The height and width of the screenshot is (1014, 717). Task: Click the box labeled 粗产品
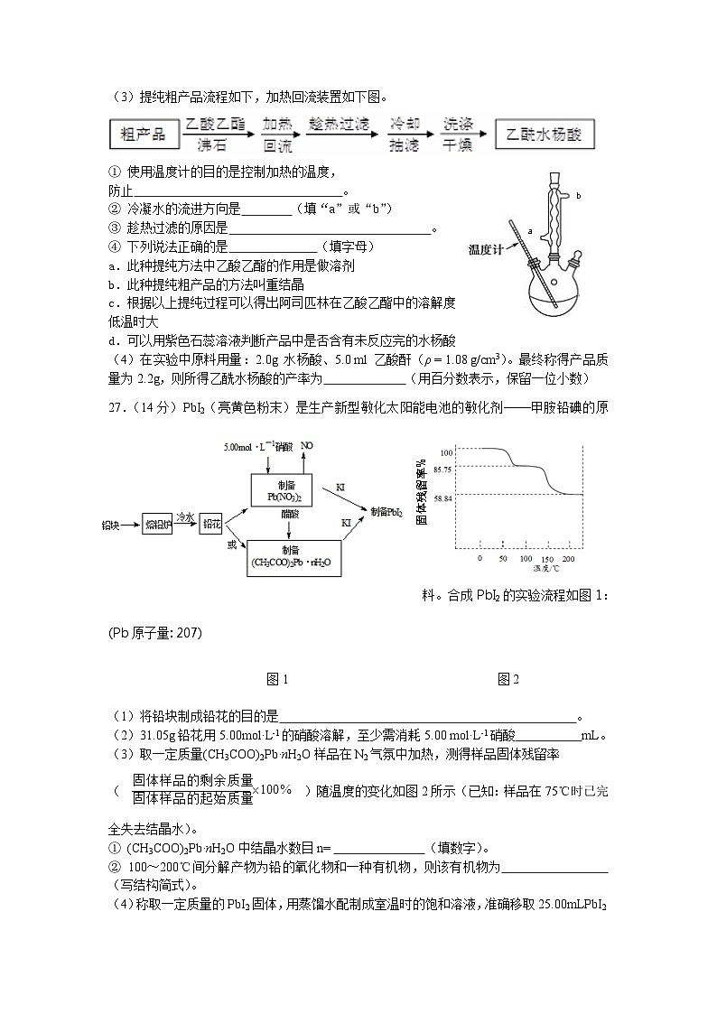(x=144, y=135)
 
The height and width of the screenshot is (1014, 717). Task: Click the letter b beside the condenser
(x=578, y=195)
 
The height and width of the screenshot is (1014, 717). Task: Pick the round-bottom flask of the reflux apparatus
(x=553, y=289)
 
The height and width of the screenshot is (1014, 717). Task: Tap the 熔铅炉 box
(x=158, y=523)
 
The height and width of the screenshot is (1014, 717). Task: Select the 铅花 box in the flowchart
(x=210, y=523)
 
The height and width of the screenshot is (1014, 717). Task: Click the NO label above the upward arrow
(x=307, y=445)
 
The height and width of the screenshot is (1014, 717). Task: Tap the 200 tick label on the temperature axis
(x=567, y=560)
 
